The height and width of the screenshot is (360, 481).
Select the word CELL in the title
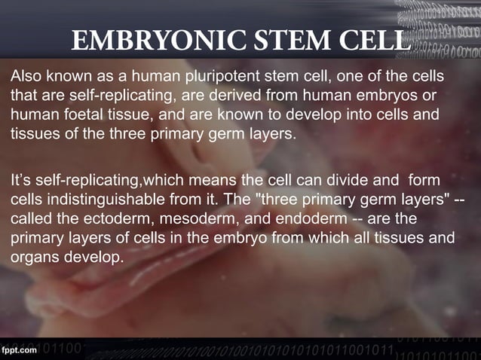(x=372, y=40)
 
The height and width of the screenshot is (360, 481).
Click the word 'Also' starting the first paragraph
(x=25, y=77)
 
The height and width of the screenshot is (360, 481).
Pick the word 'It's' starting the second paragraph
(x=21, y=182)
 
